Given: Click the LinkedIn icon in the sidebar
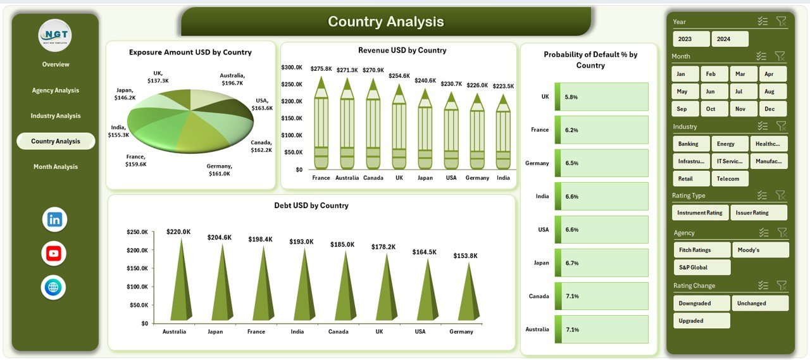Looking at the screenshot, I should point(54,220).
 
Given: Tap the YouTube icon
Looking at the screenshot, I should point(54,254).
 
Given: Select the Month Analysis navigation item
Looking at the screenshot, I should point(56,167).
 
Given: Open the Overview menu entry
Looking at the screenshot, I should point(56,65).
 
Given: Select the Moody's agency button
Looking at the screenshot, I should point(760,250).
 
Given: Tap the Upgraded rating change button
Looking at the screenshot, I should point(701,321).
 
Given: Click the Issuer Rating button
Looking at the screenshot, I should point(758,213).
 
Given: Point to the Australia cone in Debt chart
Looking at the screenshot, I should point(180,282).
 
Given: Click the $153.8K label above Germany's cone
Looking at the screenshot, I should point(466,256).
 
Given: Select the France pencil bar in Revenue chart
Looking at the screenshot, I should point(321,127).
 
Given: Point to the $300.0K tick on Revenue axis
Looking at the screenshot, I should point(292,67).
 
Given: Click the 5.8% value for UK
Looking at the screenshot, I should point(571,97).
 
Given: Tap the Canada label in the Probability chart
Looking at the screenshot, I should point(539,296).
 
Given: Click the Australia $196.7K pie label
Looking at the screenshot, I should point(233,79).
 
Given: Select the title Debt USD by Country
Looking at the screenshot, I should point(311,206).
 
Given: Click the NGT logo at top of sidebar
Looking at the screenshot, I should point(55,35).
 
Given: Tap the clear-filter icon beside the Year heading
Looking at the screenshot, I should point(781,22).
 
